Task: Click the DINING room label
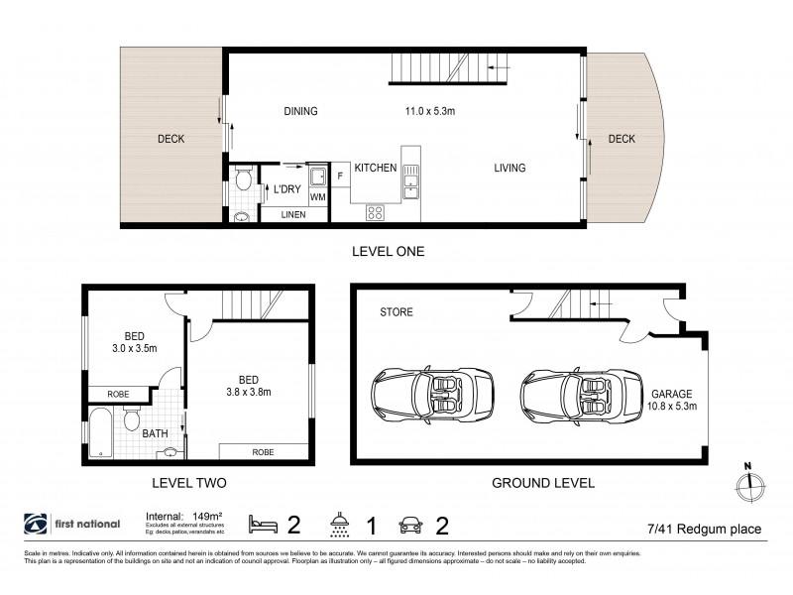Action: (x=299, y=111)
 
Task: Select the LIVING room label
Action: (x=510, y=168)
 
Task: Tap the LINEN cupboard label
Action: (x=293, y=214)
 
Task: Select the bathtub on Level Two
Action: (x=103, y=433)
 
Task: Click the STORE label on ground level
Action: (x=396, y=312)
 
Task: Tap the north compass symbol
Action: (x=749, y=485)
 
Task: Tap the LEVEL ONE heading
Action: (x=389, y=252)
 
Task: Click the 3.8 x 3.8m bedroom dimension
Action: (x=250, y=390)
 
